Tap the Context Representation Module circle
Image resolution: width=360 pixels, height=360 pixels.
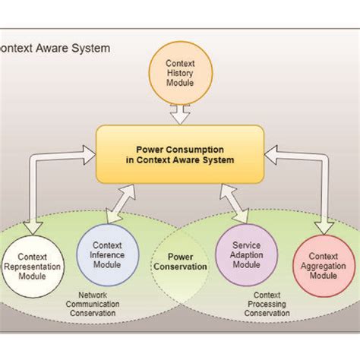pyautogui.click(x=33, y=267)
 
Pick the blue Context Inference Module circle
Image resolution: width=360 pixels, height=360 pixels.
pyautogui.click(x=107, y=255)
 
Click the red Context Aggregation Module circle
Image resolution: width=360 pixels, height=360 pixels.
pyautogui.click(x=324, y=267)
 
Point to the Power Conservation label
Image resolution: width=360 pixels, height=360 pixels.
pyautogui.click(x=180, y=262)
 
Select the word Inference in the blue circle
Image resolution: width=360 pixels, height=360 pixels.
pyautogui.click(x=107, y=255)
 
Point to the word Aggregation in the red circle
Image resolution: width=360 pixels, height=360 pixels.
pyautogui.click(x=324, y=268)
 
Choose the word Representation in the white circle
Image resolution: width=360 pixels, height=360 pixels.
pyautogui.click(x=33, y=268)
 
